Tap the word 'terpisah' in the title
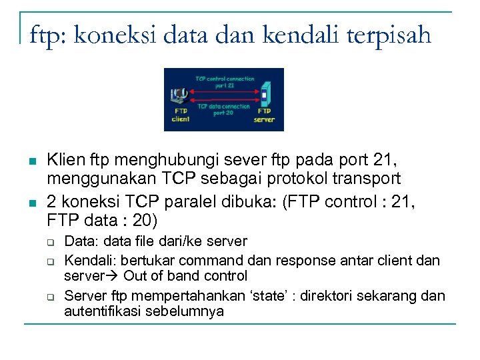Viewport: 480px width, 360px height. pyautogui.click(x=383, y=34)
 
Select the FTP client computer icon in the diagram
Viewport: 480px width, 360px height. pyautogui.click(x=178, y=95)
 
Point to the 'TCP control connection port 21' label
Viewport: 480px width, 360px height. pyautogui.click(x=224, y=82)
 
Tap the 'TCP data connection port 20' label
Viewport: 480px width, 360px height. pyautogui.click(x=223, y=109)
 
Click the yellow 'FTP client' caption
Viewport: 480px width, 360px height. pyautogui.click(x=181, y=115)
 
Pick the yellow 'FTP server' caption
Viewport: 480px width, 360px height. pyautogui.click(x=264, y=115)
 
